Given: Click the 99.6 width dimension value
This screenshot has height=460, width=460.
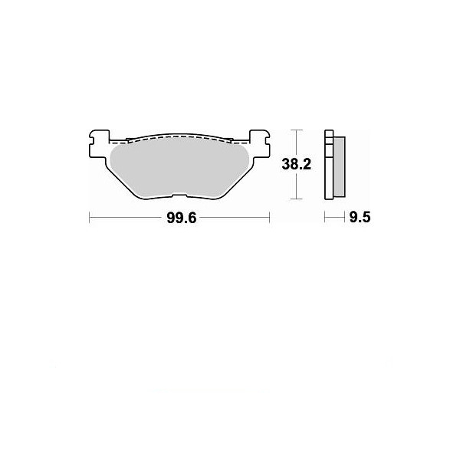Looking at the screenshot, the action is (181, 218).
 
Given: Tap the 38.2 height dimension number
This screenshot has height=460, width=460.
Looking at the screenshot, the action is (296, 164).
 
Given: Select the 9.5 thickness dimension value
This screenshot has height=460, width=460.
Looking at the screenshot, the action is (360, 218).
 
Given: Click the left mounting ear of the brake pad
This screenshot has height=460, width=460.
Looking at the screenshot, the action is (99, 144).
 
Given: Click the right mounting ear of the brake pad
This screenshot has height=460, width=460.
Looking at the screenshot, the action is (259, 144).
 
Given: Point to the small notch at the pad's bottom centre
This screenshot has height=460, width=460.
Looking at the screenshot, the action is (179, 195).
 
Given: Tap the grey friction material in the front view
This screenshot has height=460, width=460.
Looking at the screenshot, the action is (179, 168).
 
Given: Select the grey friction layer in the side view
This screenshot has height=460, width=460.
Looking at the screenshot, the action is (340, 166).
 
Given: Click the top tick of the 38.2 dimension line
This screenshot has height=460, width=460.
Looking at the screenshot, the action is (296, 130).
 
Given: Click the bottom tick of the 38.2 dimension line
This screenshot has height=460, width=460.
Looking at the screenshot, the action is (296, 199).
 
